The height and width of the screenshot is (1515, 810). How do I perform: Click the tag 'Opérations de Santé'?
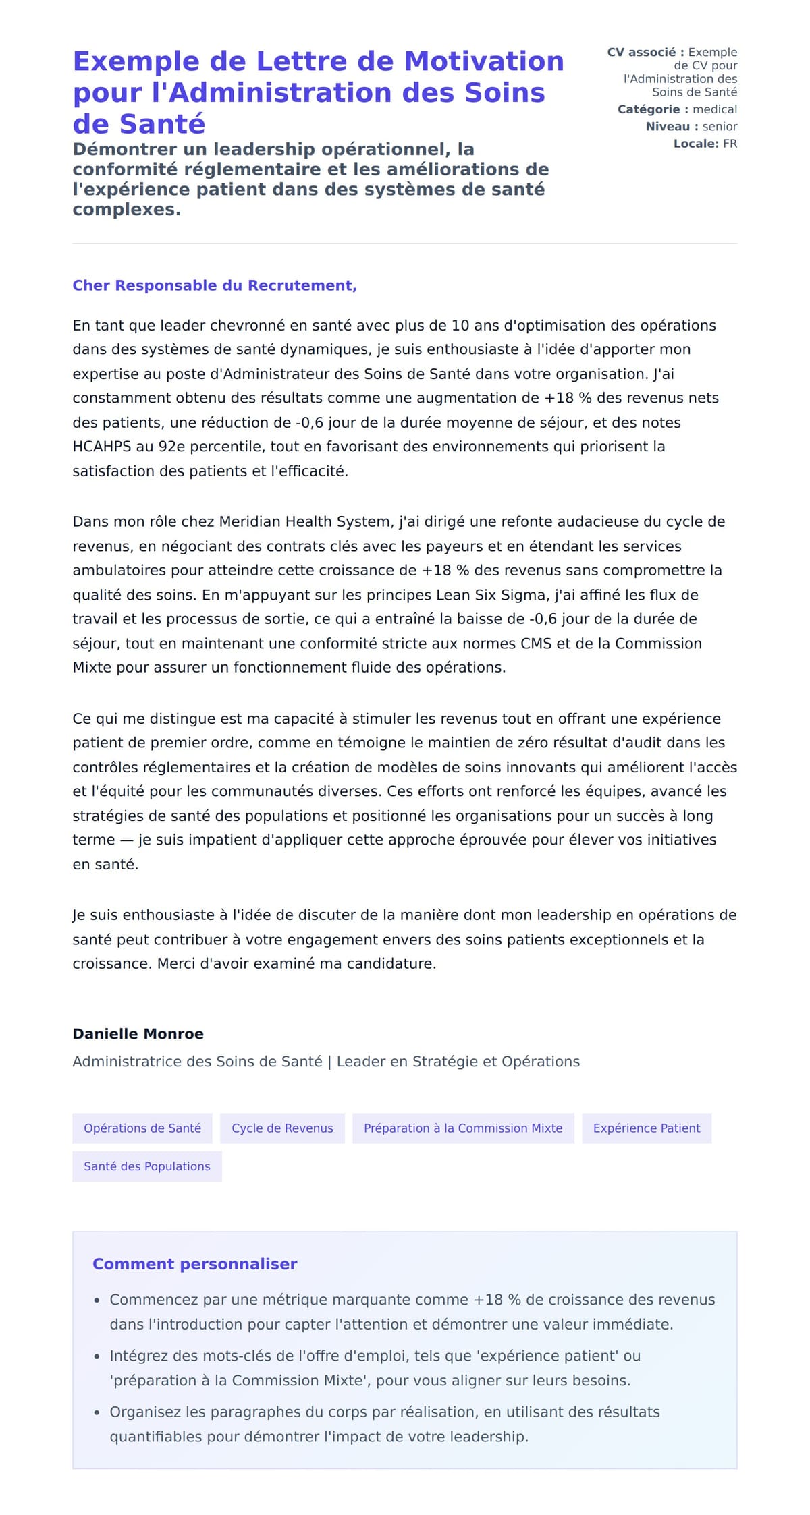coord(142,1128)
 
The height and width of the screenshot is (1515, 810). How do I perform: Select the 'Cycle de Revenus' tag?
coord(282,1128)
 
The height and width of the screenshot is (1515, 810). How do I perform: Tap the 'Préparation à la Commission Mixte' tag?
coord(463,1128)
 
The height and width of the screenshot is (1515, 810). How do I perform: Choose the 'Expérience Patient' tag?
coord(647,1128)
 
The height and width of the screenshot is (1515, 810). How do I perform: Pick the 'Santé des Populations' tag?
coord(147,1166)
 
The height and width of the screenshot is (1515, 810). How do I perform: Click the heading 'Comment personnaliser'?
coord(194,1264)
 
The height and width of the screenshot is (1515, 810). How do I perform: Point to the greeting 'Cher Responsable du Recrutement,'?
coord(215,285)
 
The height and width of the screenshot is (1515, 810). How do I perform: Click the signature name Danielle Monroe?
coord(138,1034)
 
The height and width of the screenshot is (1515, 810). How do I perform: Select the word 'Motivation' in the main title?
coord(484,61)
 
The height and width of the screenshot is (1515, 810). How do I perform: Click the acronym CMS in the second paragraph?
coord(536,644)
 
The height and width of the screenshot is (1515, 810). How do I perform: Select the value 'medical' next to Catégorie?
coord(715,109)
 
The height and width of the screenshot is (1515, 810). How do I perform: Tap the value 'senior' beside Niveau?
coord(720,126)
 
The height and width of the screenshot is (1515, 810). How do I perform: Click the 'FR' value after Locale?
coord(730,144)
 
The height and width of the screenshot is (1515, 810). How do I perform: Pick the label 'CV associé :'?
coord(645,53)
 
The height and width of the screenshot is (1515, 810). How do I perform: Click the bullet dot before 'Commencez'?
coord(97,1300)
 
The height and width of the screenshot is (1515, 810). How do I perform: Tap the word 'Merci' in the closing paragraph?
coord(175,964)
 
